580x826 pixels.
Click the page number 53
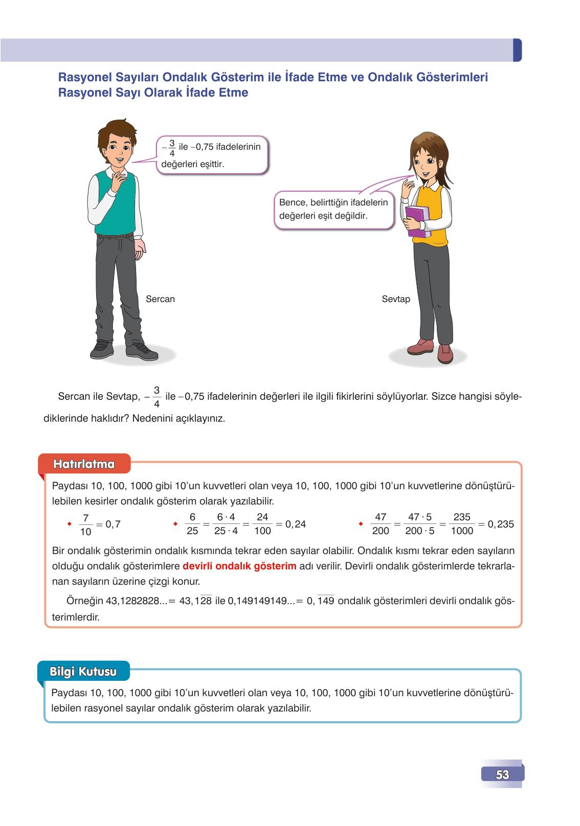[x=502, y=774]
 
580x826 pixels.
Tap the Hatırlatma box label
[x=84, y=464]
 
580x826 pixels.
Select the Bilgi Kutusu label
[x=83, y=672]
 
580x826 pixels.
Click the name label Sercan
[x=160, y=299]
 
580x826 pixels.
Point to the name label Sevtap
[x=396, y=299]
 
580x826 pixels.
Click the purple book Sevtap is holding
[x=417, y=221]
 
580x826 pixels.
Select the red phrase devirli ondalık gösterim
[x=239, y=566]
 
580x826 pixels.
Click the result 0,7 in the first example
[x=113, y=524]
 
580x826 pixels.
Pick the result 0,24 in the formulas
[x=296, y=524]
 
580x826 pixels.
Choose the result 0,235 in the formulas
[x=501, y=524]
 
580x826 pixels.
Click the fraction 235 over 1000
[x=462, y=524]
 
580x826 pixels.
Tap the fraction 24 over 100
[x=262, y=524]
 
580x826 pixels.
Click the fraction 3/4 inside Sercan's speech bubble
[x=172, y=148]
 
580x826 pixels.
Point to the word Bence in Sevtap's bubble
[x=293, y=202]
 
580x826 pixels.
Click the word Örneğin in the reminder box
[x=85, y=601]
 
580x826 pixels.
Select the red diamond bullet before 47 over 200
[x=361, y=524]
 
